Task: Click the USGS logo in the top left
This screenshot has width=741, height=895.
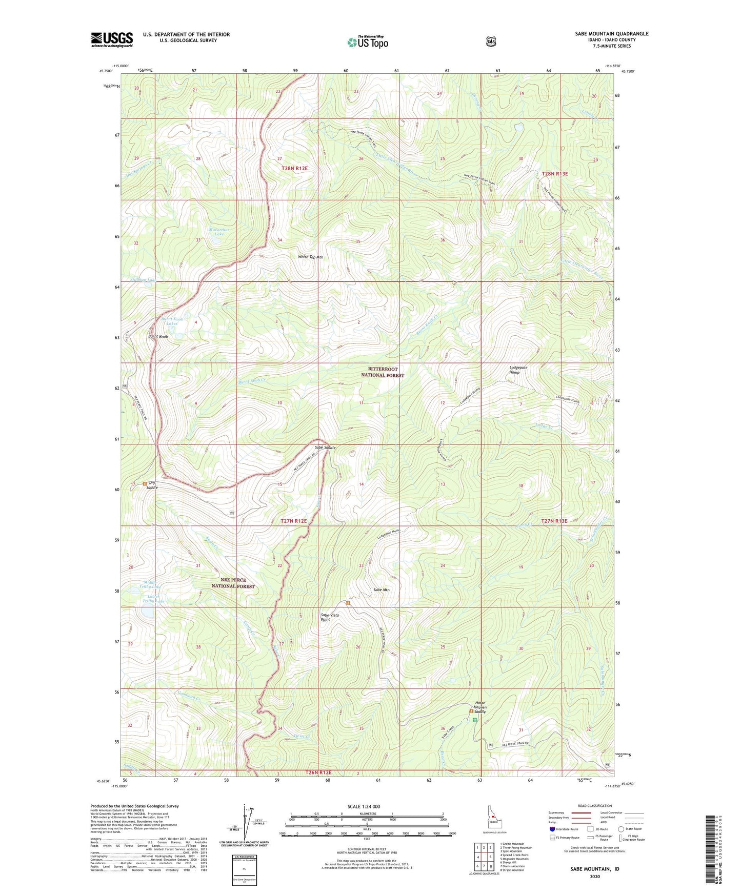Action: (112, 39)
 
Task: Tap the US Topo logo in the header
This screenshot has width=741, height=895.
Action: (367, 42)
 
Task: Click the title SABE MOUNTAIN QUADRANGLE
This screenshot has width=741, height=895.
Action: (611, 34)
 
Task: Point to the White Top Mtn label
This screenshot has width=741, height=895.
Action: (311, 257)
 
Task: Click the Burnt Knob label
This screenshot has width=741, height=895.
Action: (158, 337)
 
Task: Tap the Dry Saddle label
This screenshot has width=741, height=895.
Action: (152, 485)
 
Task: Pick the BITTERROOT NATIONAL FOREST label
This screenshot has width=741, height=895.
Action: (386, 372)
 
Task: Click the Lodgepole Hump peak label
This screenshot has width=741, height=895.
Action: (518, 370)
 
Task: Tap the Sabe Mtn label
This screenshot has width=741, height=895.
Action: (382, 590)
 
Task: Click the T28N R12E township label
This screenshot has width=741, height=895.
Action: (294, 168)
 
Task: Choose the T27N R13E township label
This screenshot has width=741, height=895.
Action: (554, 521)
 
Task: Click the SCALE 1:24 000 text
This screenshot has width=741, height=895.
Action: (364, 806)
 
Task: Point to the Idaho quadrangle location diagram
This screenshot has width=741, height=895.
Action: (494, 821)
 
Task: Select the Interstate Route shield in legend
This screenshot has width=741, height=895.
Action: (552, 829)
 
